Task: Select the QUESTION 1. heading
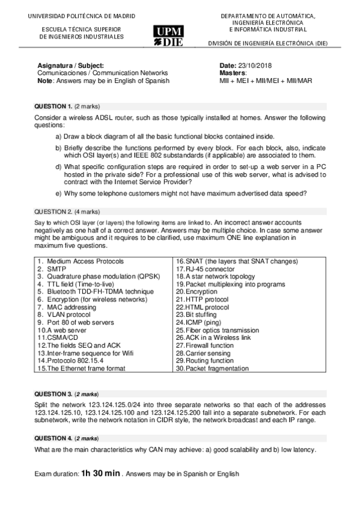click(x=54, y=106)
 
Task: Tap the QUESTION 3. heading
click(x=54, y=393)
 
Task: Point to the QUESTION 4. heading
click(x=54, y=438)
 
